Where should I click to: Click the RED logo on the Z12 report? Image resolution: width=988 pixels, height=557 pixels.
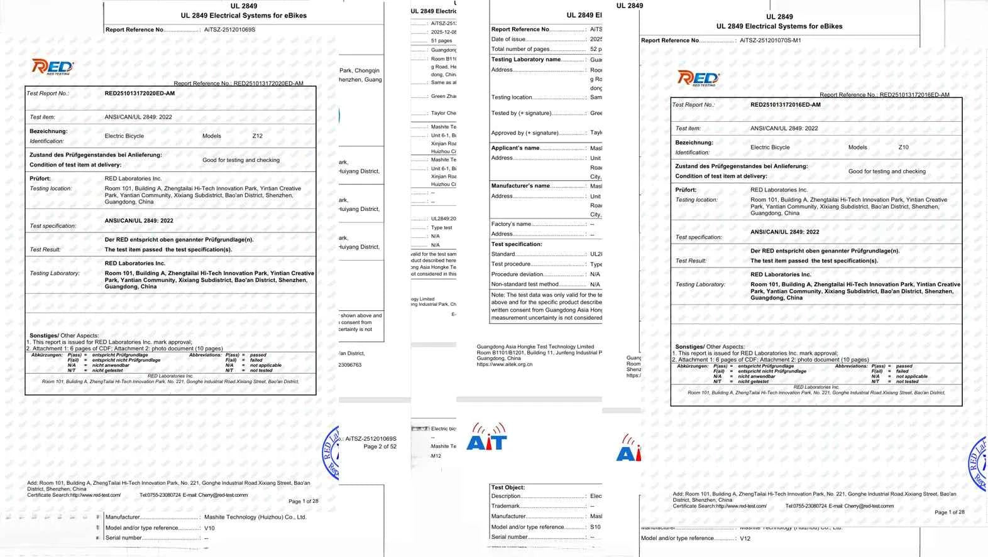[53, 67]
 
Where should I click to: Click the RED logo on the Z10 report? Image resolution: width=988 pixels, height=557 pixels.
[698, 78]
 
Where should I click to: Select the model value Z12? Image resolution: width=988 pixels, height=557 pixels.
[258, 136]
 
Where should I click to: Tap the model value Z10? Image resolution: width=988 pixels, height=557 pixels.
[903, 147]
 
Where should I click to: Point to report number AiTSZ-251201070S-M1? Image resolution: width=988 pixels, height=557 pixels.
[770, 40]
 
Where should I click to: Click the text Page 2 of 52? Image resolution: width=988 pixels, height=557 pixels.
[380, 446]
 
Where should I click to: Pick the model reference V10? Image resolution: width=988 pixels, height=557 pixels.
[209, 528]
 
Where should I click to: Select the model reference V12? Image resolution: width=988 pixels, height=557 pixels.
[745, 538]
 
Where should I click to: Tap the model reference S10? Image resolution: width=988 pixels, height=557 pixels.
[595, 527]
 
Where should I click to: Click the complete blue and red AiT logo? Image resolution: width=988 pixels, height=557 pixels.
[486, 437]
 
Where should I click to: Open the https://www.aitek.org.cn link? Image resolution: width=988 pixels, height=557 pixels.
[504, 364]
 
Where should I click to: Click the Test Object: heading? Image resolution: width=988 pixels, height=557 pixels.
[508, 487]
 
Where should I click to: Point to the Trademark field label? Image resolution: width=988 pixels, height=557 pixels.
[505, 506]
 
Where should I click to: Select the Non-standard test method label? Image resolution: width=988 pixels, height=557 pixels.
[524, 284]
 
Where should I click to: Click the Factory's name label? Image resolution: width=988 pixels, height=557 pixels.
[511, 224]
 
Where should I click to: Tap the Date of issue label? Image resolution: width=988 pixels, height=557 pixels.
[508, 39]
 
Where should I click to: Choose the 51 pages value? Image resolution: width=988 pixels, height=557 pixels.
[441, 41]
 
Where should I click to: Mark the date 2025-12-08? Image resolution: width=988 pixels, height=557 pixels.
[443, 32]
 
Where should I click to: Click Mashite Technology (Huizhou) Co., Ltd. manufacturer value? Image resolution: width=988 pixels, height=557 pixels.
[255, 517]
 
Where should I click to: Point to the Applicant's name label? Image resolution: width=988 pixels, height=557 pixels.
[515, 148]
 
